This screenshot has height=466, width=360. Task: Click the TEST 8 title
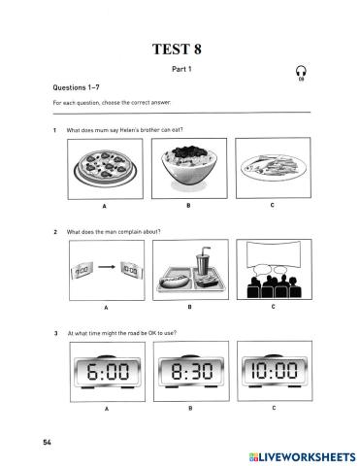click(x=177, y=50)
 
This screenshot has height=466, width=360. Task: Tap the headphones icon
click(x=301, y=73)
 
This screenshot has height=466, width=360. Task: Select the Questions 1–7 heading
click(x=76, y=87)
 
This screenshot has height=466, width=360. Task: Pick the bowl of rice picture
click(x=189, y=166)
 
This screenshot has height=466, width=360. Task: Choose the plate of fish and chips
click(x=274, y=166)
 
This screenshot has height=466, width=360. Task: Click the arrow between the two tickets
click(x=107, y=267)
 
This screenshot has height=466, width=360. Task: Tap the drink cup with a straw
click(x=203, y=260)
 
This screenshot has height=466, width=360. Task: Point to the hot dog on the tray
click(x=174, y=282)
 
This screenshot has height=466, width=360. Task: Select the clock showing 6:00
click(x=108, y=371)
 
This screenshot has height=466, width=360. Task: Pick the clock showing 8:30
click(x=191, y=371)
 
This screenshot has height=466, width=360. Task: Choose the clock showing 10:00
click(x=275, y=370)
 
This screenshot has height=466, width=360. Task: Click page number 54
click(x=47, y=442)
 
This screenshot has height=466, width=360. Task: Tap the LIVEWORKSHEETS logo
click(x=302, y=456)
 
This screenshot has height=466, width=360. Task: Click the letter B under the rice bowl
click(x=188, y=205)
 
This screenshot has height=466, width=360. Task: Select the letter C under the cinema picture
click(x=274, y=307)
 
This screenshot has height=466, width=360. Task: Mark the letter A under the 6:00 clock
click(x=107, y=409)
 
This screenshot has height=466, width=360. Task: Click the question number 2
click(x=55, y=232)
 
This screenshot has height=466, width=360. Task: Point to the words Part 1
click(x=181, y=69)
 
